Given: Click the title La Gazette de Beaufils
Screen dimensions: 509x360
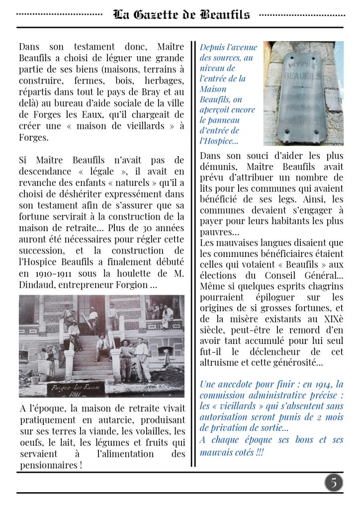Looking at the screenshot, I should pyautogui.click(x=181, y=14).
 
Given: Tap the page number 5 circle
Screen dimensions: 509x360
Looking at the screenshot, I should pyautogui.click(x=334, y=482).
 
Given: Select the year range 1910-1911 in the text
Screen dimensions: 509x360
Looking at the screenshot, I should pyautogui.click(x=56, y=274).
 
